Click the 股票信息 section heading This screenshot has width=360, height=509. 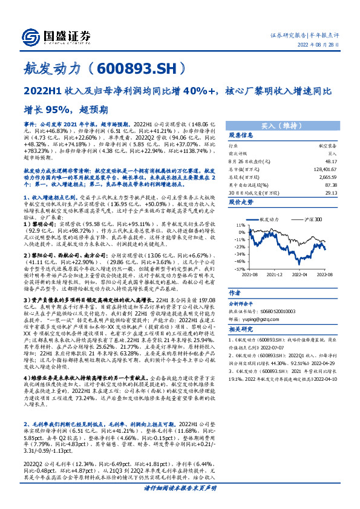(x=240, y=136)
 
